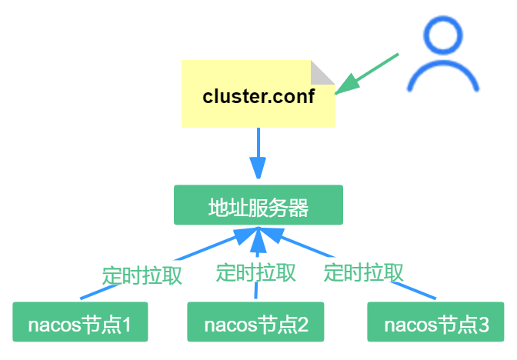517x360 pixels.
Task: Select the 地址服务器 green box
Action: click(x=258, y=205)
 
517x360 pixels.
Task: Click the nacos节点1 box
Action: click(x=80, y=323)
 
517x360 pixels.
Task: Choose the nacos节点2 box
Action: click(x=256, y=323)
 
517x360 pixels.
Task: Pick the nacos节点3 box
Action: click(x=436, y=323)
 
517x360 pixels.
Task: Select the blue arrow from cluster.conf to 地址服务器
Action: click(x=258, y=150)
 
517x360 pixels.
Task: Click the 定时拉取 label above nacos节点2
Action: click(x=255, y=272)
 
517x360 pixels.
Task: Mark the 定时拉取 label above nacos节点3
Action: click(x=364, y=272)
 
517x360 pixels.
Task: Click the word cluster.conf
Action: click(x=258, y=97)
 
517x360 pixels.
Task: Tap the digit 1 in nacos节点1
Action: click(x=125, y=324)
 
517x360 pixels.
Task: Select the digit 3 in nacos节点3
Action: click(x=482, y=324)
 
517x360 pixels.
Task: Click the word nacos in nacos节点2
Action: click(x=225, y=324)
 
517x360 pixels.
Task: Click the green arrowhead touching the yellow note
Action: click(x=345, y=83)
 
